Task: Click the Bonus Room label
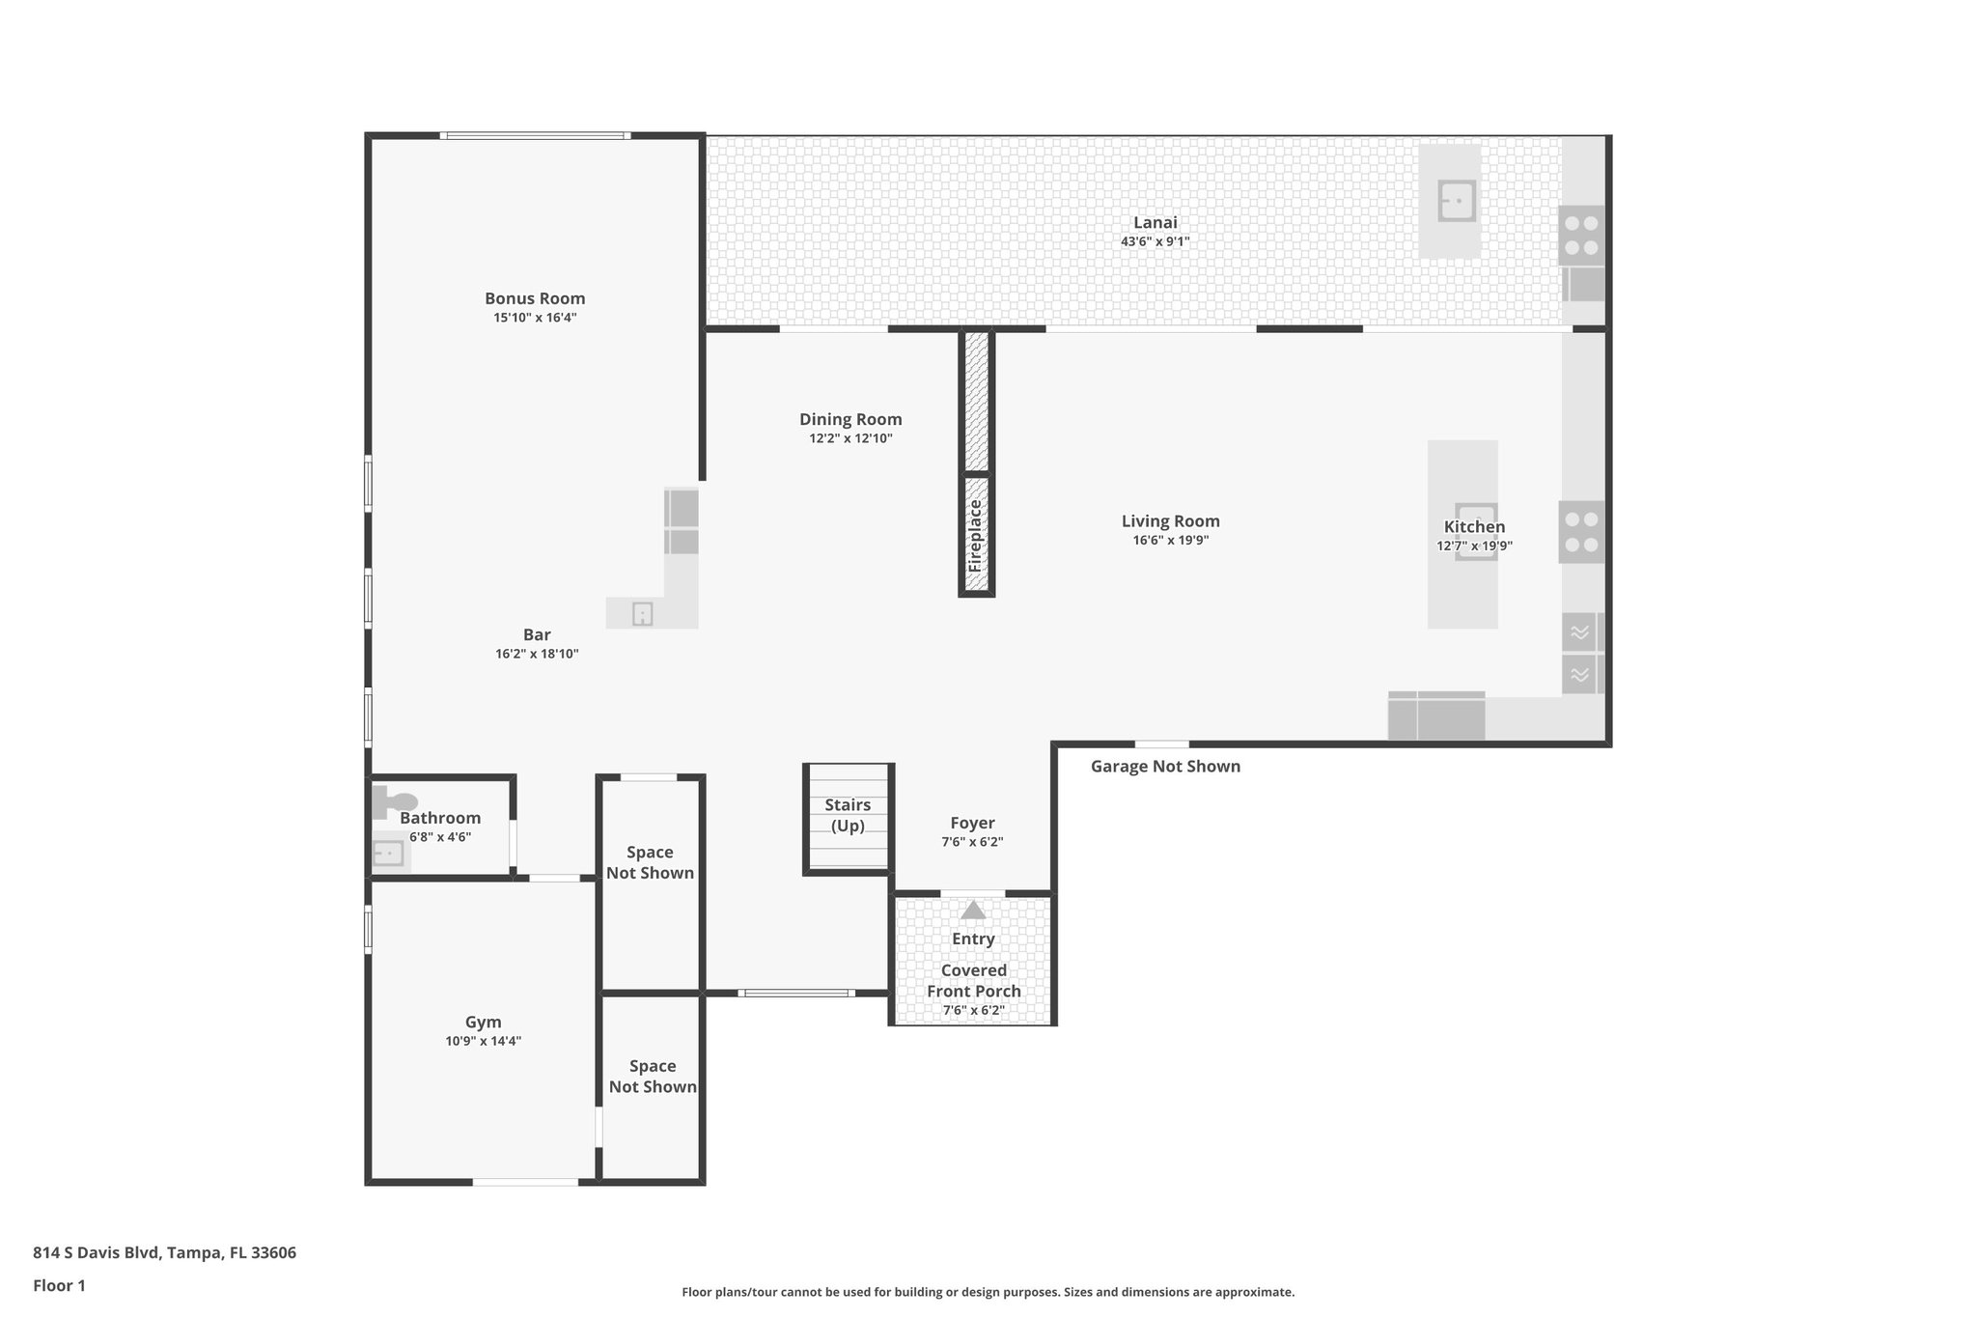click(535, 298)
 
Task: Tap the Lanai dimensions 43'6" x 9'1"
click(1155, 242)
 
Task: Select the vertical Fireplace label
click(975, 536)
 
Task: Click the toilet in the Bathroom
click(394, 801)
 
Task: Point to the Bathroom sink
click(388, 854)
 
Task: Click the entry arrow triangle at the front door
click(973, 910)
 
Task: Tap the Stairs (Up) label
click(848, 815)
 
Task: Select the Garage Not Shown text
click(1165, 767)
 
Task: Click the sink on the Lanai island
click(1457, 201)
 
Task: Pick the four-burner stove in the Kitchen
click(1581, 532)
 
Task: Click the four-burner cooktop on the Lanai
click(1581, 235)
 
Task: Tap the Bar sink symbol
click(643, 614)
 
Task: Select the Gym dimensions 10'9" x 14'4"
click(483, 1041)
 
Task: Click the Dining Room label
click(850, 419)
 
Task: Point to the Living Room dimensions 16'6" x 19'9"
click(1170, 541)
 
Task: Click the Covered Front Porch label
click(973, 981)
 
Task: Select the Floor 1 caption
click(60, 1285)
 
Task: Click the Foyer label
click(972, 823)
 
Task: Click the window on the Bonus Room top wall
click(536, 136)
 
